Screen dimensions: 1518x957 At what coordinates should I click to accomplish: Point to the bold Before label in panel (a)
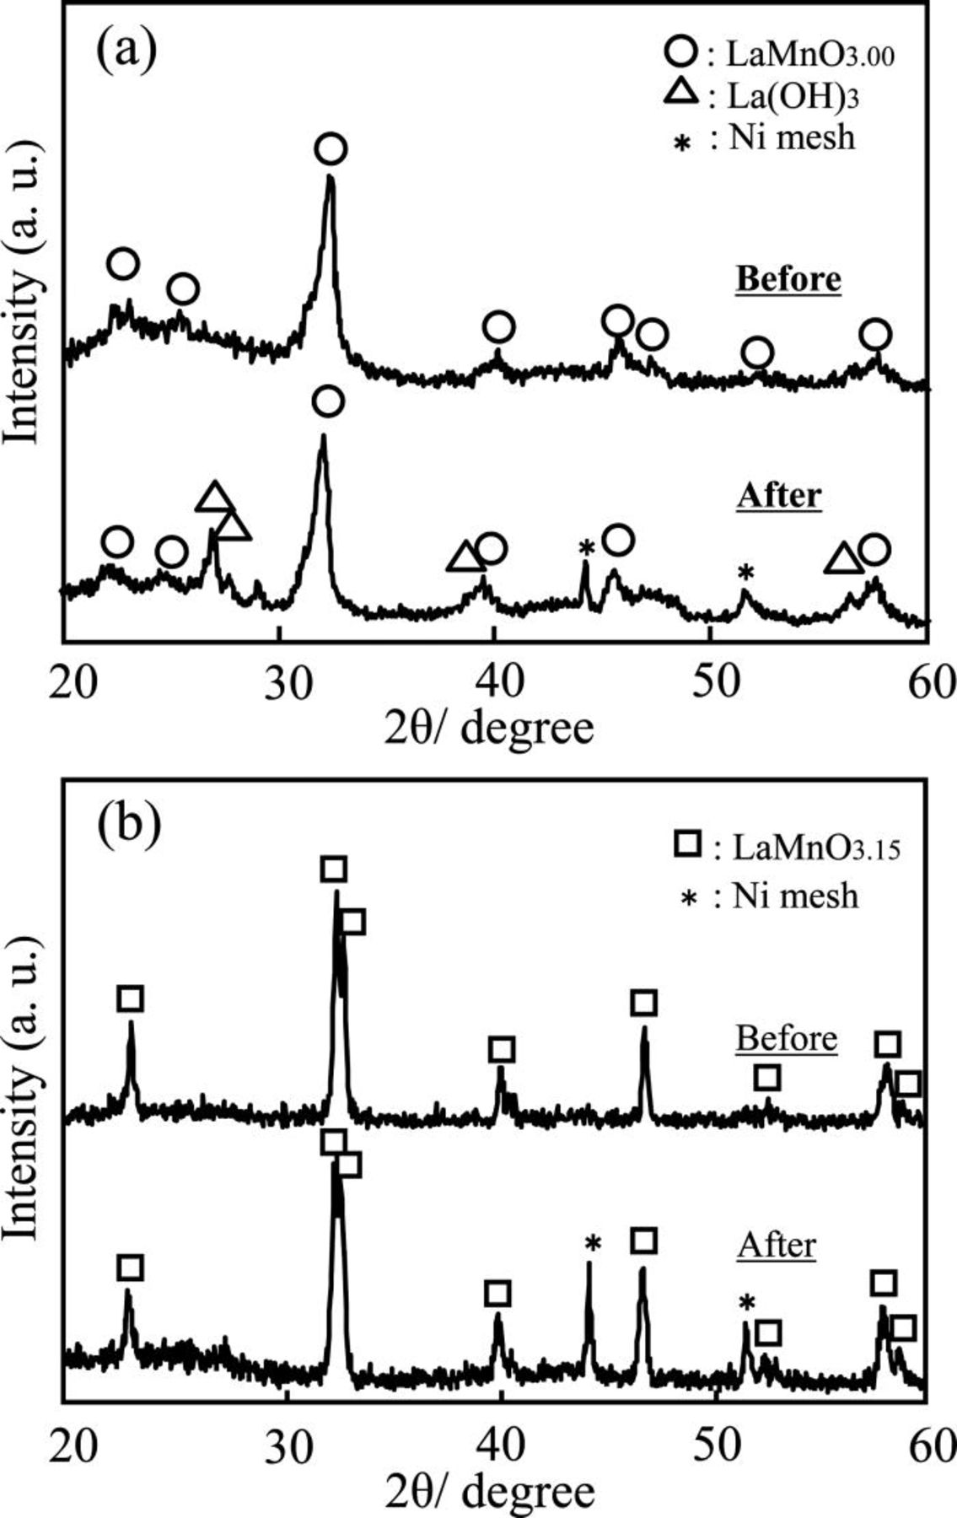pos(788,279)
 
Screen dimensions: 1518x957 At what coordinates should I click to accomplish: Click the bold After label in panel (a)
pos(778,496)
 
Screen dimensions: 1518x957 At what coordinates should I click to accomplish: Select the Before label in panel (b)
pos(787,1038)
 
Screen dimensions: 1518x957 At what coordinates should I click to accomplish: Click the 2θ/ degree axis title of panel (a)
pos(489,727)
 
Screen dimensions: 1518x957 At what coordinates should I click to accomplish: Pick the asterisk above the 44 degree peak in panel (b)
pos(593,1243)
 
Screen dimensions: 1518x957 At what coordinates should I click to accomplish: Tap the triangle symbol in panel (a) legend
pos(681,94)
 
